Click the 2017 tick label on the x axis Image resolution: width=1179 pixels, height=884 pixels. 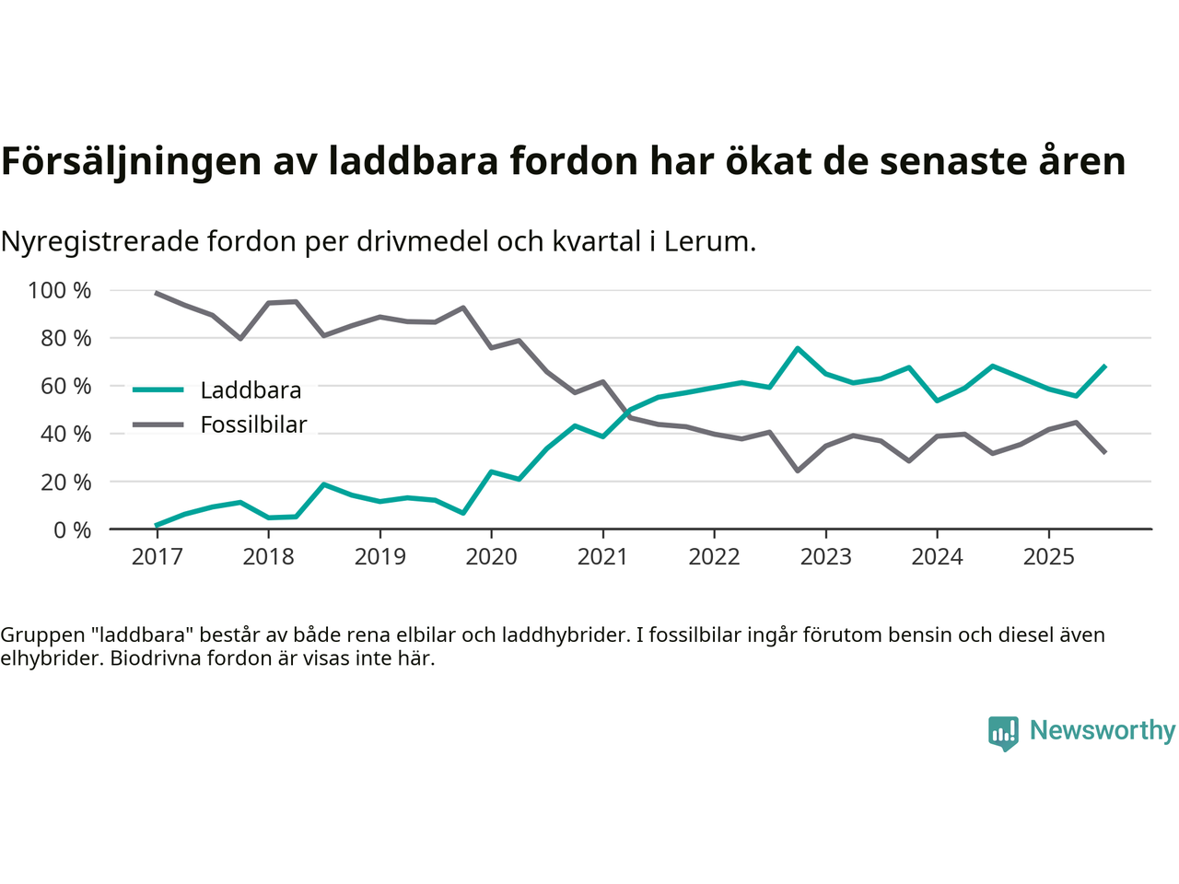tap(157, 557)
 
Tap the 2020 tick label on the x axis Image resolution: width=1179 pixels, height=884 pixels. tap(491, 557)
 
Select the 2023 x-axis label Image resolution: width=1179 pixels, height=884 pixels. tap(825, 557)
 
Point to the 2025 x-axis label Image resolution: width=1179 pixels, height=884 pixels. tap(1048, 557)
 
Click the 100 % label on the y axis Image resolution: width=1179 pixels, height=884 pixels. tap(60, 291)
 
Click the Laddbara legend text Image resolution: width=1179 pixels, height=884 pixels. tap(251, 390)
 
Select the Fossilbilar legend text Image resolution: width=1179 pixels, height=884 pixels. tap(253, 425)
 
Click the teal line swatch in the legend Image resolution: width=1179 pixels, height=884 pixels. tap(158, 390)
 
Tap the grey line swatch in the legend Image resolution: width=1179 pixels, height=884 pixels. tap(158, 425)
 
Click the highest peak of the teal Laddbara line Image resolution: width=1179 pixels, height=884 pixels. tap(798, 348)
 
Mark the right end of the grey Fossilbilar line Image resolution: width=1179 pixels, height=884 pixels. tap(1104, 452)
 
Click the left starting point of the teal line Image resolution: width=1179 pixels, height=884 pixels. tap(157, 525)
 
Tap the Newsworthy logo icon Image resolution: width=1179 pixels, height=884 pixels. tap(1003, 733)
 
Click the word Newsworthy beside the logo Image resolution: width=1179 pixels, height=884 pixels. tap(1102, 730)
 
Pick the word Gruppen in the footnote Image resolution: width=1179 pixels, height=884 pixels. tap(42, 634)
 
